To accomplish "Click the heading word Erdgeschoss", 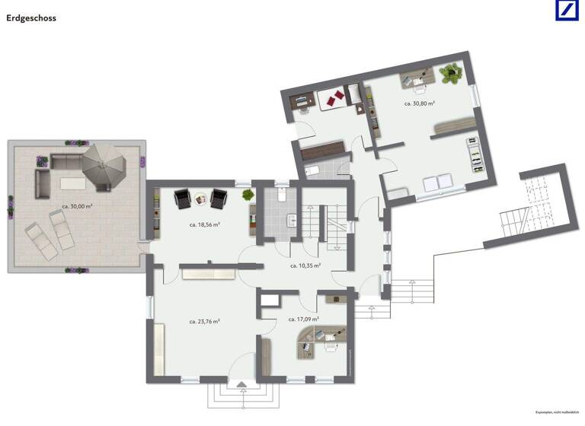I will coord(31,16).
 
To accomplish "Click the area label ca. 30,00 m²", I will coord(77,206).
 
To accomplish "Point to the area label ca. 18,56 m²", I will coord(205,224).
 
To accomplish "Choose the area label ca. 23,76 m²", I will coord(205,321).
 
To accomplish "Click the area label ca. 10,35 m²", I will coord(305,265).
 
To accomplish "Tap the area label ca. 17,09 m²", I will coord(303,319).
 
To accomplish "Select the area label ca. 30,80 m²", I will coord(419,103).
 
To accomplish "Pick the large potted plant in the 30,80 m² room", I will coord(451,74).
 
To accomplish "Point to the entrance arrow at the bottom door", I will coord(242,385).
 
